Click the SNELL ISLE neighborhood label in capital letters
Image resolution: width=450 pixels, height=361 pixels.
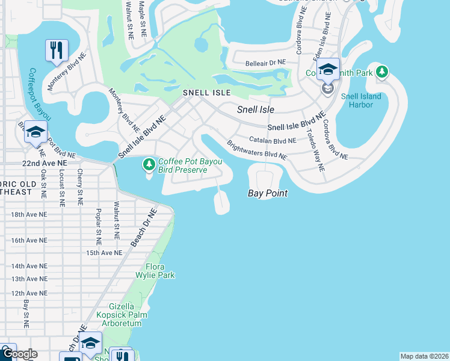207,93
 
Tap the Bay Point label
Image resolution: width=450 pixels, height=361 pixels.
267,193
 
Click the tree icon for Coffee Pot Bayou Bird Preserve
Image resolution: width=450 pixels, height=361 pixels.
149,164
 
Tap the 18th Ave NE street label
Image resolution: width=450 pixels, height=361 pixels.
29,214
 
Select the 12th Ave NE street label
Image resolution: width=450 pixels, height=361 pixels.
29,293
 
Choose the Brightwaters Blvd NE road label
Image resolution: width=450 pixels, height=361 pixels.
256,150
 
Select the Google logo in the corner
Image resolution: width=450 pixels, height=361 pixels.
19,354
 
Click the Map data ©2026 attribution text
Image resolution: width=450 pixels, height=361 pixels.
424,356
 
